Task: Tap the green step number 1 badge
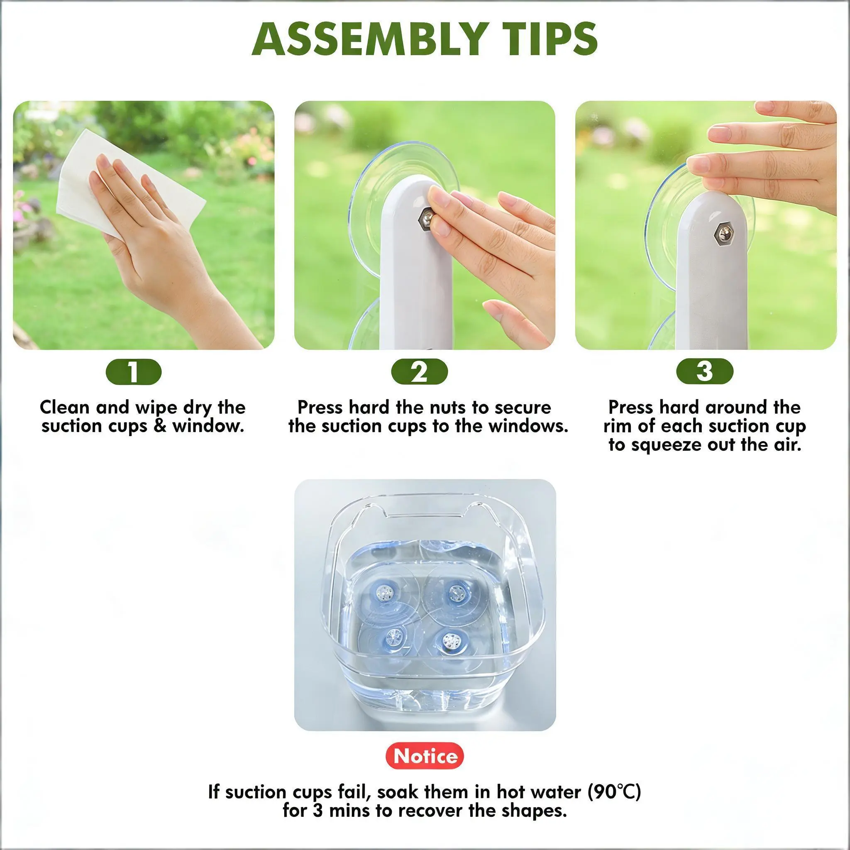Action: (x=134, y=372)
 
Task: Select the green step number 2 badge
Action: (x=419, y=372)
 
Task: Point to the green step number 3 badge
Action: (x=705, y=372)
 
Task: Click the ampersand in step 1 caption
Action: (x=160, y=426)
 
